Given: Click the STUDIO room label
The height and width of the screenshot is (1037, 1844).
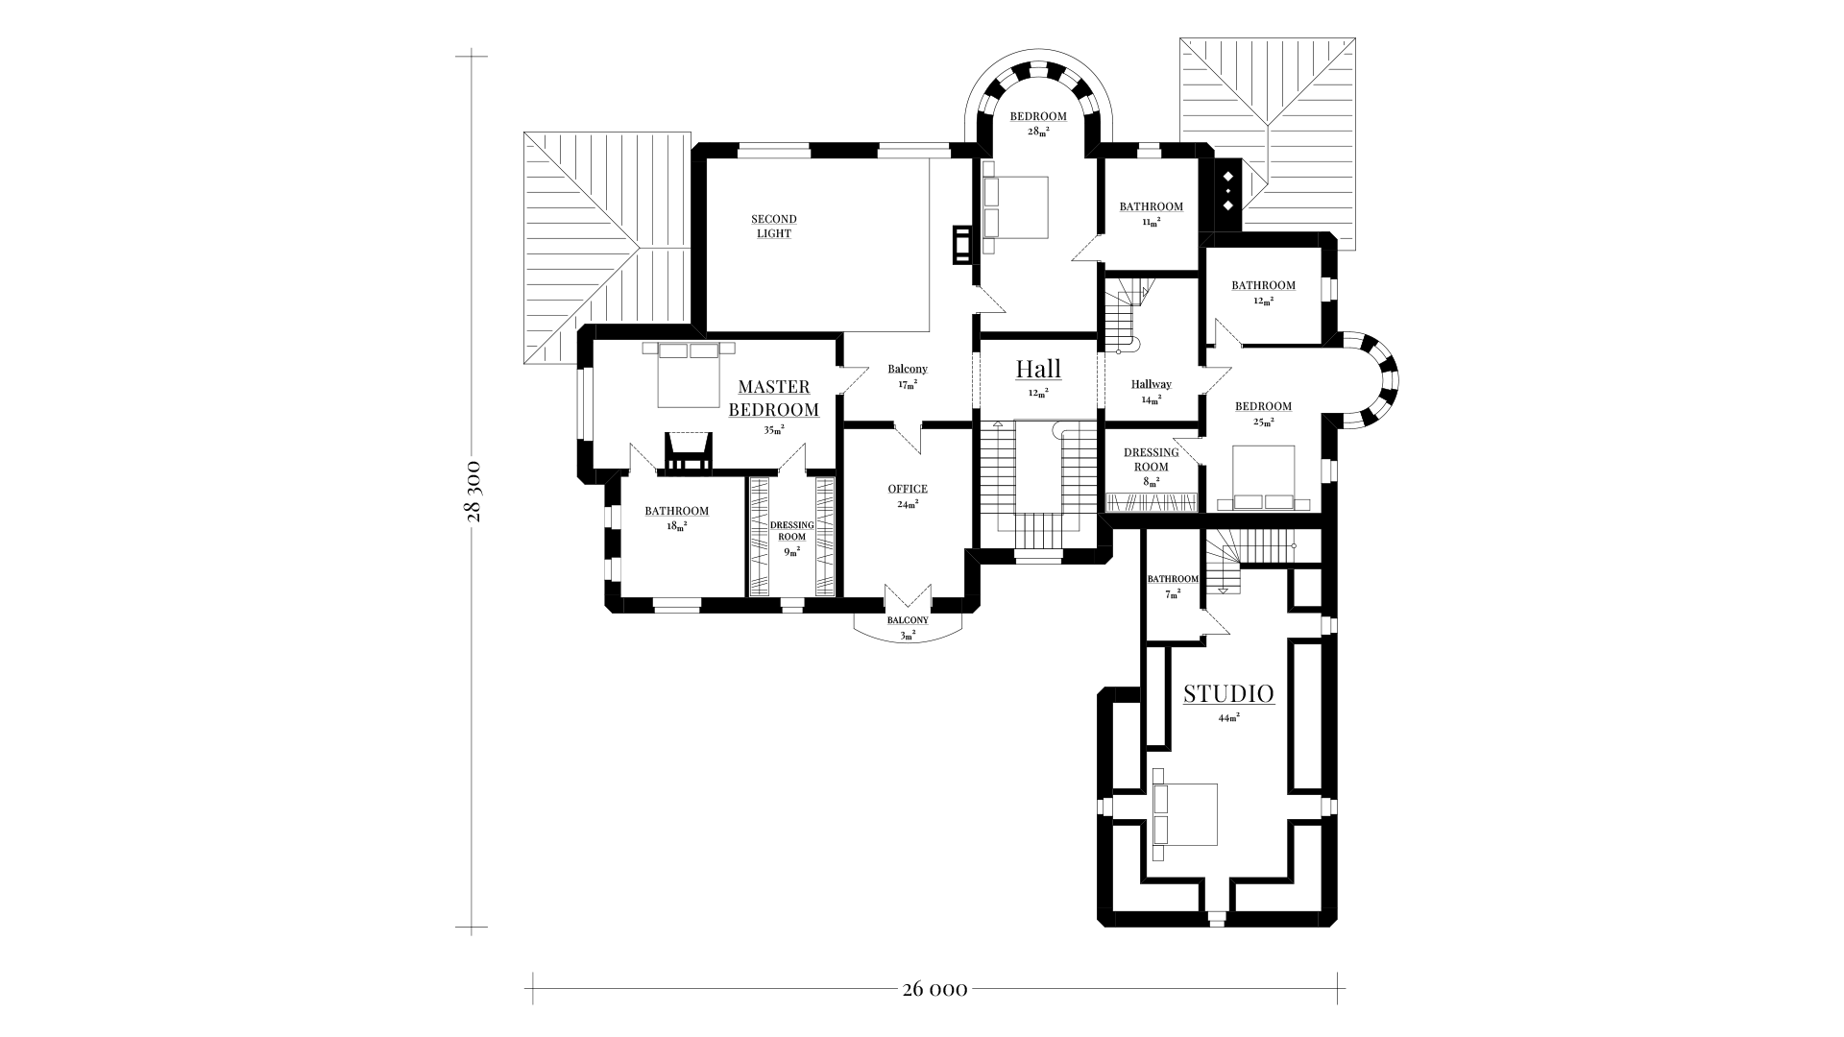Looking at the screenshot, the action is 1228,693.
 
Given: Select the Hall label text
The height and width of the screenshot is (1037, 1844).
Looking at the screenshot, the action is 1038,369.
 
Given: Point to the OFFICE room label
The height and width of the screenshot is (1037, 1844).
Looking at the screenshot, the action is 908,490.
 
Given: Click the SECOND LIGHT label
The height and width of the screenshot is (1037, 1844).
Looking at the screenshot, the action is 774,227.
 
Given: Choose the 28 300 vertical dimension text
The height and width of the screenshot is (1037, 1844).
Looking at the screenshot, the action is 473,491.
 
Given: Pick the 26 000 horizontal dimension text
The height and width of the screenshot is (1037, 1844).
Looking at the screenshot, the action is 934,989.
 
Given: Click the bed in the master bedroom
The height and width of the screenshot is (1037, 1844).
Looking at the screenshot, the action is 689,374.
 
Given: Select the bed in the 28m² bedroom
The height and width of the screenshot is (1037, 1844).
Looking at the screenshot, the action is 1015,207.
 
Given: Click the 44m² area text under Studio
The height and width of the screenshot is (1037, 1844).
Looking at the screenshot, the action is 1229,717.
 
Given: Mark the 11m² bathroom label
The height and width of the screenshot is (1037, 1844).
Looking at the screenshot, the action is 1152,213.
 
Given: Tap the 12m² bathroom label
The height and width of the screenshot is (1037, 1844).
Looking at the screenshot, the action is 1264,292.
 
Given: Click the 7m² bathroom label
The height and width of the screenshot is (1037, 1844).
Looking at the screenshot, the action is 1173,586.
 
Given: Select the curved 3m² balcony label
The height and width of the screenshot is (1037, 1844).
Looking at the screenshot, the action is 908,627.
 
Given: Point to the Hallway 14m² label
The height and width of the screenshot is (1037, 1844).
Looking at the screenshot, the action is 1152,391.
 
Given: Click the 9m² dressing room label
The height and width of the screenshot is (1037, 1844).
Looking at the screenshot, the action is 792,538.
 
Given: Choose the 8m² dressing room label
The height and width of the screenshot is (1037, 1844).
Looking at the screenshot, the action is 1152,466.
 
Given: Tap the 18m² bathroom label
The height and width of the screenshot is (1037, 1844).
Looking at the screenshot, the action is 677,518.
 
